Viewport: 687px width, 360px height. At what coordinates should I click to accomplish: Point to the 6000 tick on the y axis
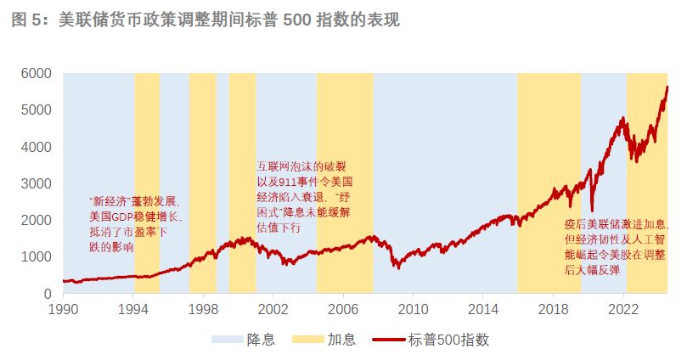[37, 74]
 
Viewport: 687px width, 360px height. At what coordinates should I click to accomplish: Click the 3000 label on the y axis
[37, 183]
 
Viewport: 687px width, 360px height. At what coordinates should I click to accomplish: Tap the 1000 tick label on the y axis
[37, 256]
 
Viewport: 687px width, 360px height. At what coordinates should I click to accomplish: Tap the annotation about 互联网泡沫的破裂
[305, 197]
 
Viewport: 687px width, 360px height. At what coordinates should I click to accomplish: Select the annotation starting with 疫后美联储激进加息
[615, 247]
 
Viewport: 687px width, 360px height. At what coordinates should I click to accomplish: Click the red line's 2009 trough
[396, 267]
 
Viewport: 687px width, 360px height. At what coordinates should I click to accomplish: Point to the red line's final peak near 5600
[667, 87]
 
